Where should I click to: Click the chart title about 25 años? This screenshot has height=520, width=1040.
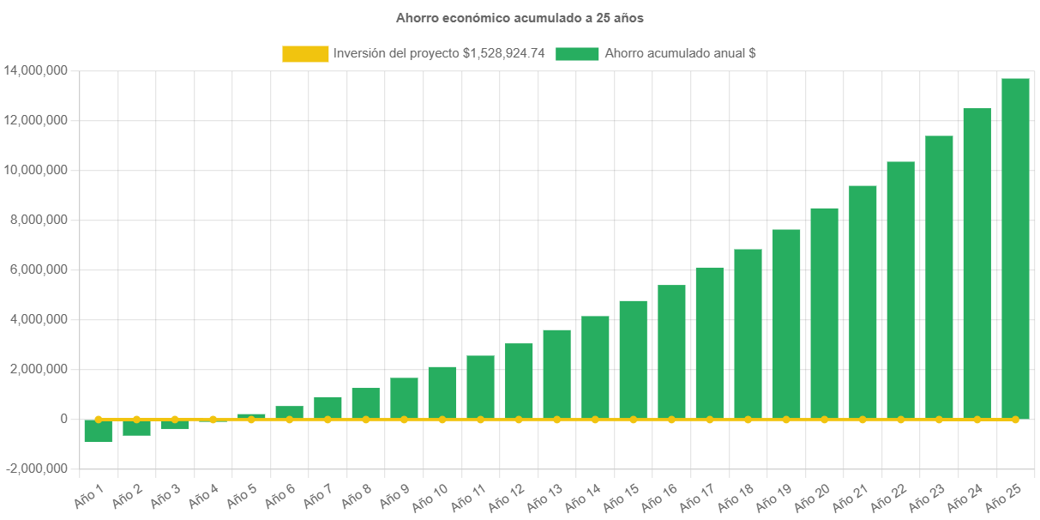coord(520,17)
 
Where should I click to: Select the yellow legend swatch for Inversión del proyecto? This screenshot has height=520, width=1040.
coord(305,54)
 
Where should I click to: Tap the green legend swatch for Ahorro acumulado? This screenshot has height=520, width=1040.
coord(577,54)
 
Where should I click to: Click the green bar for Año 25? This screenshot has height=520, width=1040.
coord(1015,249)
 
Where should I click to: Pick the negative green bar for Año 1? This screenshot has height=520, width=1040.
coord(98,431)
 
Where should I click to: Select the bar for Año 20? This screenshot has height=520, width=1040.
coord(824,313)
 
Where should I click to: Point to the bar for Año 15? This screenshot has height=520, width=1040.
coord(633,360)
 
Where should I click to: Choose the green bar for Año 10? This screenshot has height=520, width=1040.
coord(442,392)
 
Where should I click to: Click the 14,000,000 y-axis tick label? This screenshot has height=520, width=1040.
coord(36,70)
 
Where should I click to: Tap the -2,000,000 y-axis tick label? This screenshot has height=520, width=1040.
coord(36,469)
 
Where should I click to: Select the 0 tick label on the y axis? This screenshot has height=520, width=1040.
coord(64,420)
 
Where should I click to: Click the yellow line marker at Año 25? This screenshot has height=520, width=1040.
coord(1015,420)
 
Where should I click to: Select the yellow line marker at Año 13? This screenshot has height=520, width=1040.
coord(556,420)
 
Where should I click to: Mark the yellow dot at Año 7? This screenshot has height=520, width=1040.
coord(328,420)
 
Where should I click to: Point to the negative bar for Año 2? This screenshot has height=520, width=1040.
coord(136,427)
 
